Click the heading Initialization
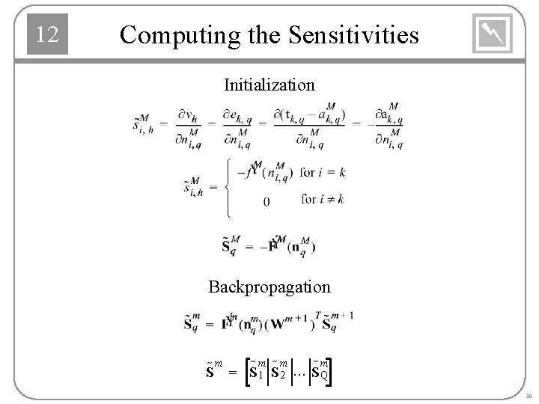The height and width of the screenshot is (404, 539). pyautogui.click(x=269, y=85)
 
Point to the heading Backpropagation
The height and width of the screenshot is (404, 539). pyautogui.click(x=269, y=287)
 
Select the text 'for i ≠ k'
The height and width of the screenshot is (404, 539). pyautogui.click(x=323, y=199)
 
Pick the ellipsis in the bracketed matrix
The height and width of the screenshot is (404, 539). pyautogui.click(x=300, y=371)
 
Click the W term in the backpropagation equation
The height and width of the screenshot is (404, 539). pyautogui.click(x=278, y=324)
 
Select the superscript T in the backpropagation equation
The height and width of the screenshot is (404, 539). pyautogui.click(x=317, y=315)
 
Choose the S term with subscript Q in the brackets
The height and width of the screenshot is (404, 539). pyautogui.click(x=318, y=370)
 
